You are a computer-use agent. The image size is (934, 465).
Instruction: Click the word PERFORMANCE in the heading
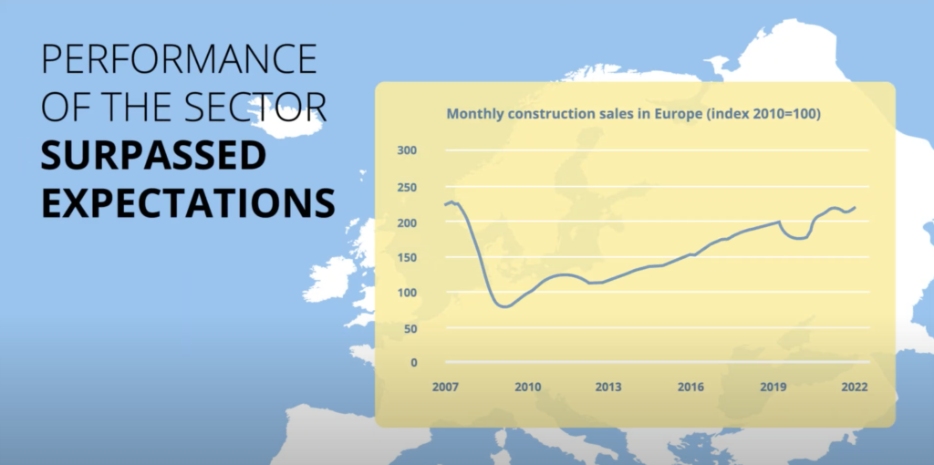click(180, 59)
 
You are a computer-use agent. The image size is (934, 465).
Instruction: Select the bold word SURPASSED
click(152, 156)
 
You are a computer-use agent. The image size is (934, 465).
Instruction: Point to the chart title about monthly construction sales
click(633, 114)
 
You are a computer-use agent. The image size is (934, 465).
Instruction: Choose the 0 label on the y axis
click(412, 362)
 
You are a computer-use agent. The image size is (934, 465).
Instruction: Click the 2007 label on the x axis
click(444, 387)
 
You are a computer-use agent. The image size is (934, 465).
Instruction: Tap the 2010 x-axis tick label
click(527, 387)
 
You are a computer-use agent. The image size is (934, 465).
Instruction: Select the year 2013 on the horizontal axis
click(608, 387)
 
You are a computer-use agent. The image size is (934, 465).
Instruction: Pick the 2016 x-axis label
click(690, 387)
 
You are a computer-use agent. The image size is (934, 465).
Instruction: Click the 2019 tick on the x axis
click(773, 387)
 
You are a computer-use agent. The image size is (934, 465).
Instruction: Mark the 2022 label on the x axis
click(855, 387)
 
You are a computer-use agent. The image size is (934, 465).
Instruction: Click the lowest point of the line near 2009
click(504, 306)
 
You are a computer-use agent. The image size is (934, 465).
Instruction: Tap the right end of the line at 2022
click(856, 207)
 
